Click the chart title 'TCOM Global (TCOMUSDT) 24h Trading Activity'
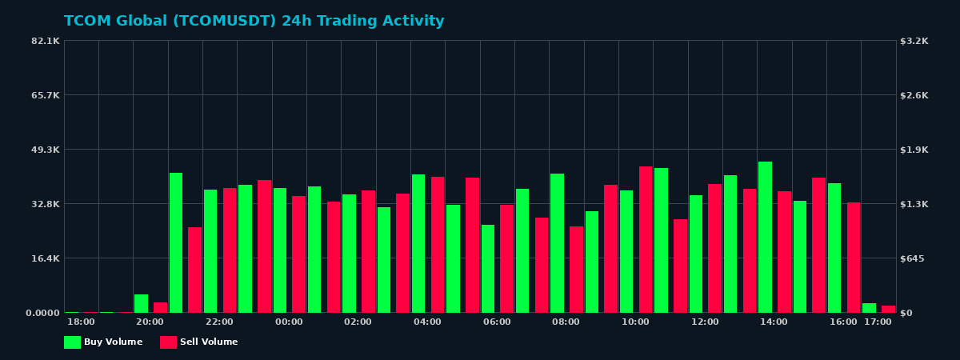254,22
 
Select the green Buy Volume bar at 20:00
142,303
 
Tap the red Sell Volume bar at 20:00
160,307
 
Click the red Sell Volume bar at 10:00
646,239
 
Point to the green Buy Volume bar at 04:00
418,243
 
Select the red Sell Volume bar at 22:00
230,250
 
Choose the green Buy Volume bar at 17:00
869,308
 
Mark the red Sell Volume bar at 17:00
888,309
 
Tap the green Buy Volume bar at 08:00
557,243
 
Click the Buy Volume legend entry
103,342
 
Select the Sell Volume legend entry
199,342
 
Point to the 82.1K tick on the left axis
46,41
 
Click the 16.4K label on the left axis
46,258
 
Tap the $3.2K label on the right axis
914,41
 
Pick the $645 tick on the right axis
913,258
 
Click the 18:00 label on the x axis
81,322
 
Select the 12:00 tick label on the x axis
705,322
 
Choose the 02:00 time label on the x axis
358,322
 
